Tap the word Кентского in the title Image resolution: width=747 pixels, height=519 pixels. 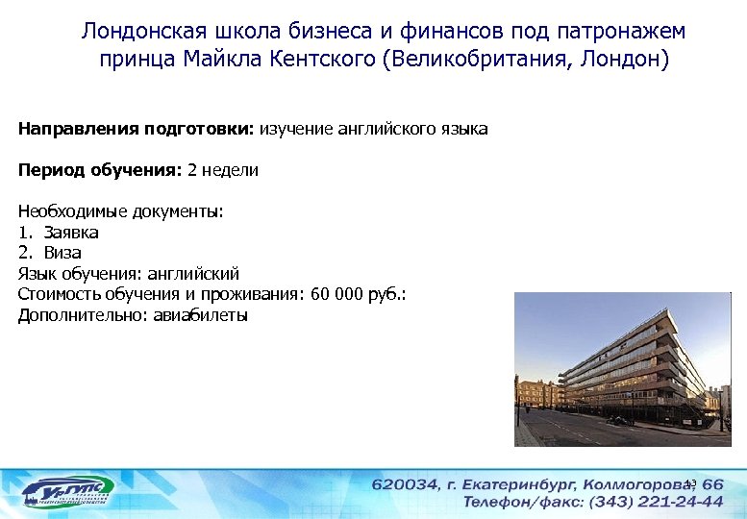(328, 61)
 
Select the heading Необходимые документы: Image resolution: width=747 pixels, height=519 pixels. (120, 211)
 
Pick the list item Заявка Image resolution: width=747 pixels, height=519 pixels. (71, 232)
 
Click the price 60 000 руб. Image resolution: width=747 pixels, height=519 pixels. (355, 294)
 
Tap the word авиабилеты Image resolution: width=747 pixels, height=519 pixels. (200, 315)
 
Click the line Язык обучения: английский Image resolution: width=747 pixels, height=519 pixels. (128, 274)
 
